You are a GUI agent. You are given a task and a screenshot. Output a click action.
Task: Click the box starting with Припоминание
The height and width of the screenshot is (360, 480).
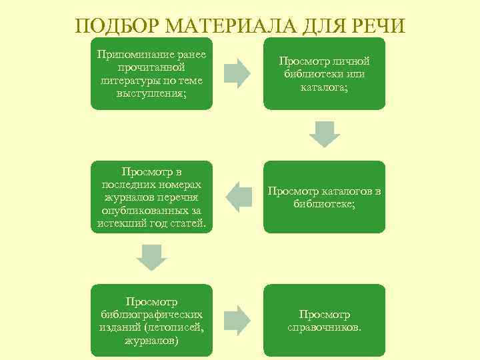click(x=151, y=73)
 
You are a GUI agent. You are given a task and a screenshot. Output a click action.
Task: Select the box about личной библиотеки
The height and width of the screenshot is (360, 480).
click(x=324, y=73)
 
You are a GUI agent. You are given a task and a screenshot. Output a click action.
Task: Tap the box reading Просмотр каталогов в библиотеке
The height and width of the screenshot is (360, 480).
click(x=324, y=197)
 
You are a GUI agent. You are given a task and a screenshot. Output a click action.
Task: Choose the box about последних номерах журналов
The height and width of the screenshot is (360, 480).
click(x=151, y=197)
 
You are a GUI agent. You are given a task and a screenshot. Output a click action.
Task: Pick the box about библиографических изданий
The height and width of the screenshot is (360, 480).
click(x=151, y=321)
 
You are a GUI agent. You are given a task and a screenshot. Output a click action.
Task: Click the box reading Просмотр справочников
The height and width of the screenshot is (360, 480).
click(x=324, y=321)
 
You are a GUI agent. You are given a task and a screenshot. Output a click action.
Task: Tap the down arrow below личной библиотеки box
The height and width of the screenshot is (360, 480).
click(x=324, y=133)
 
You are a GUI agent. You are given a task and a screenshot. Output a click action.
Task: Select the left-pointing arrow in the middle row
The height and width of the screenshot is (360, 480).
click(x=237, y=197)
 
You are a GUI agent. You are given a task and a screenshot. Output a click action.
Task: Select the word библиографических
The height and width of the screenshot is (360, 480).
click(x=151, y=315)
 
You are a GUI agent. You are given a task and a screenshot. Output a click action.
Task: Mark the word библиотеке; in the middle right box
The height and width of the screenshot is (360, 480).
click(x=325, y=204)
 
